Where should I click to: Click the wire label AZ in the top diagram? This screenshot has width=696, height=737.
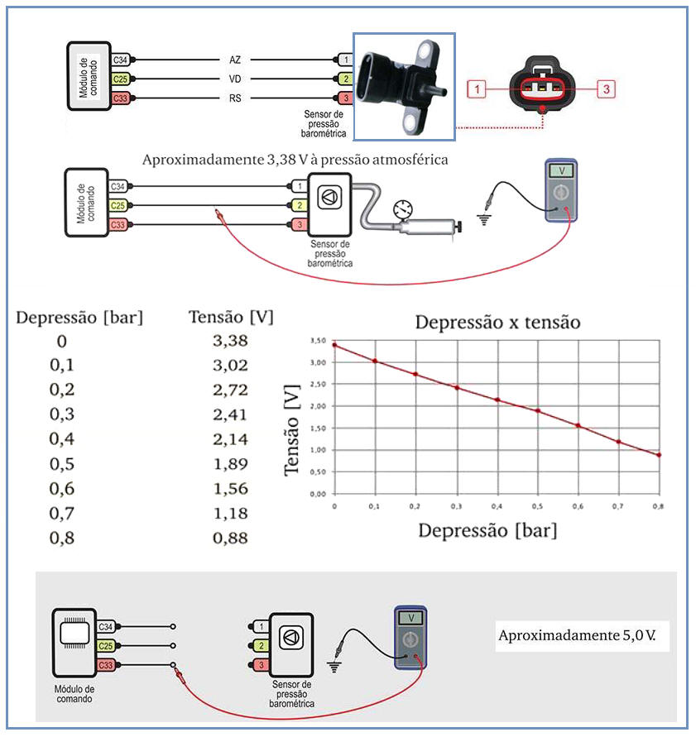point(234,60)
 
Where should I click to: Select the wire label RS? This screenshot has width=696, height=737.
point(234,98)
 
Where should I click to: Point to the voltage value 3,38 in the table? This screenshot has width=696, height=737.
point(230,340)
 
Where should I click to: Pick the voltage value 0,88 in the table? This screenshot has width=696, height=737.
point(230,538)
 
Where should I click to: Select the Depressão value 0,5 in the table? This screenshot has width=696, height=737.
point(62,463)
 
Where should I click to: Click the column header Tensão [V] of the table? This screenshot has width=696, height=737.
point(230,317)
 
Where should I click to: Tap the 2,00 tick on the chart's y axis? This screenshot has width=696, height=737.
point(317,406)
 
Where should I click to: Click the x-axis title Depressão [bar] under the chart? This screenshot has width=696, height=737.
point(487,530)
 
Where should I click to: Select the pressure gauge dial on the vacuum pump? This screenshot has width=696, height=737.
point(404,208)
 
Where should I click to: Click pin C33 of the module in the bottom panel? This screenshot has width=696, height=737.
point(106,664)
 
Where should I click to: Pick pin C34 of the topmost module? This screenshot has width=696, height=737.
point(119,60)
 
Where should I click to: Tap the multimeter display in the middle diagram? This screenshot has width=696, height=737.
point(563,170)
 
